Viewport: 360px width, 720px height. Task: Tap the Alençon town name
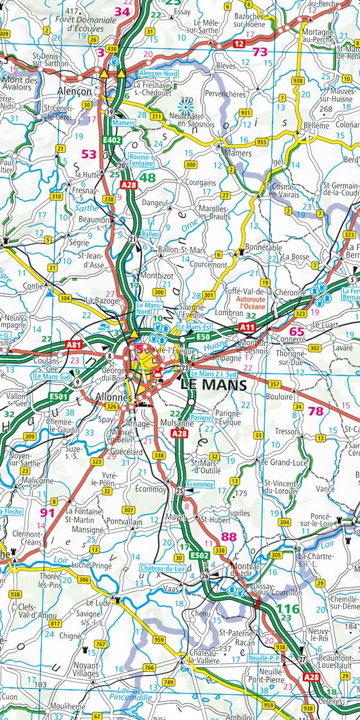click(75, 91)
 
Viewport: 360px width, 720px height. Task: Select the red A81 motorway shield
click(74, 345)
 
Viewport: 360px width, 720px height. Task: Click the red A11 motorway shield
click(248, 328)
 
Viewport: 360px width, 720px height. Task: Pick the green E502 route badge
click(200, 555)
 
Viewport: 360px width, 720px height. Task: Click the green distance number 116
click(289, 607)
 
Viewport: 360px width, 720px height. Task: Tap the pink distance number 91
click(48, 512)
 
